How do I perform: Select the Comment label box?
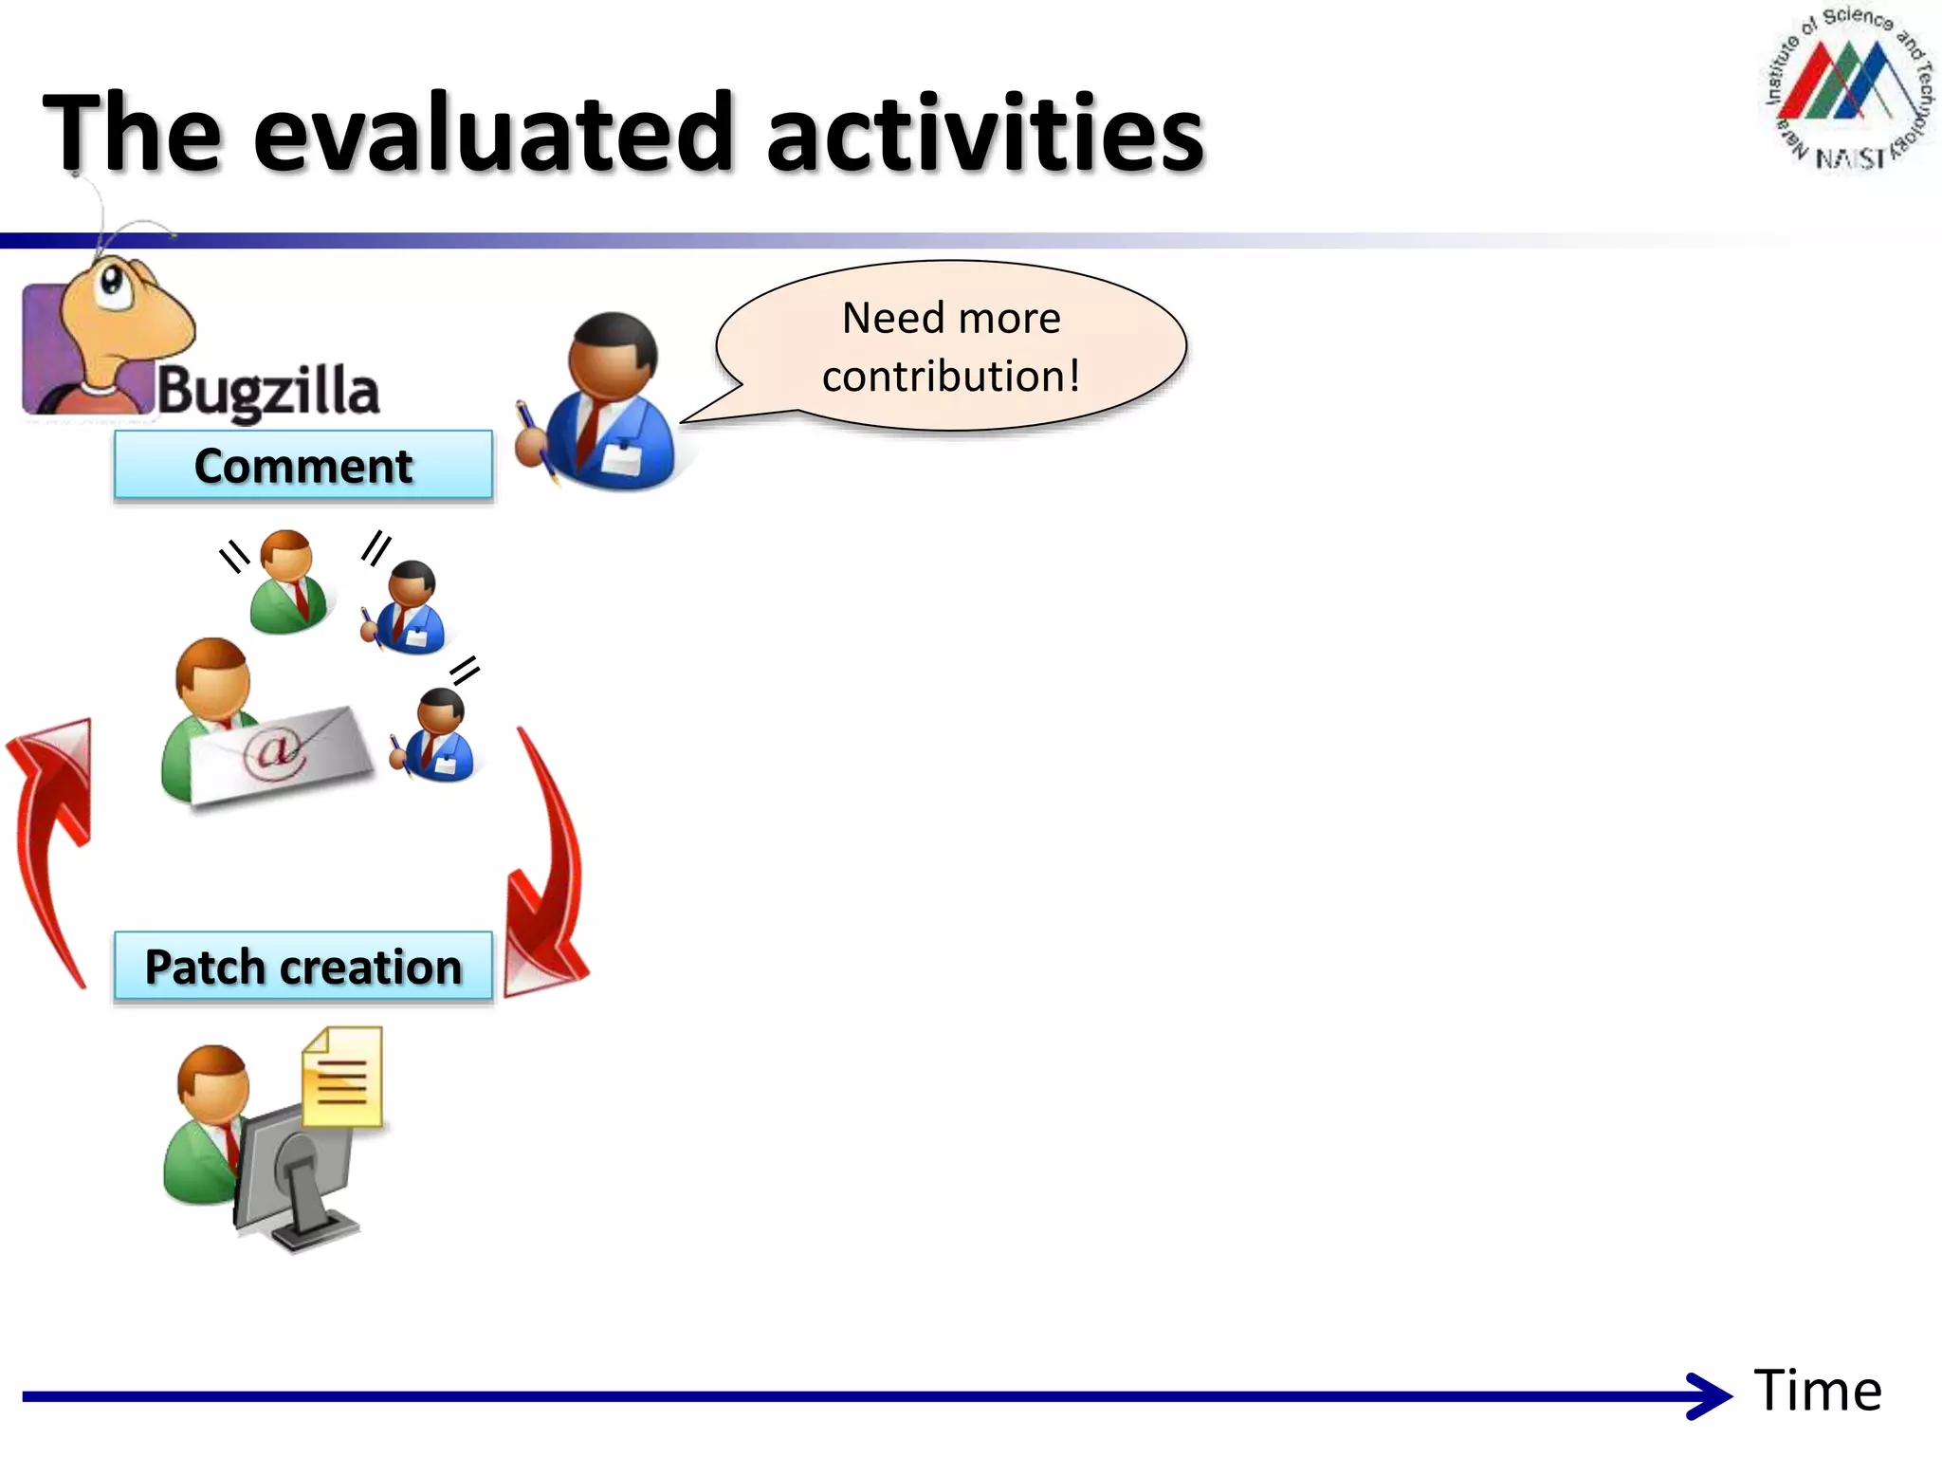coord(303,465)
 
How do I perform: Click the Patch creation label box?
coord(303,967)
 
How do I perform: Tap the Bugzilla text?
coord(268,391)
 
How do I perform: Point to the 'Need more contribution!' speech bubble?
coord(951,346)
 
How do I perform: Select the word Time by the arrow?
coord(1817,1392)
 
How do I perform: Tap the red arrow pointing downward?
coord(547,873)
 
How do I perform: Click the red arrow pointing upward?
coord(52,835)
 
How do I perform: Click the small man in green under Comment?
coord(288,581)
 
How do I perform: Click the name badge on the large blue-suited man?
coord(622,460)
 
